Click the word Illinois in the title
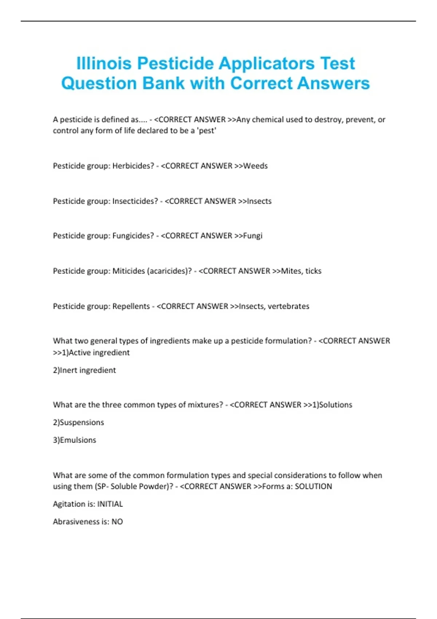pos(104,63)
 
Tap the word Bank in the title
pos(164,83)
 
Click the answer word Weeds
pos(255,166)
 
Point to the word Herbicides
pos(133,166)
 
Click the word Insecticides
pos(135,201)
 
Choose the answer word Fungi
pos(253,236)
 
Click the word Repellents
pos(131,307)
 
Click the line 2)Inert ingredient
pos(84,370)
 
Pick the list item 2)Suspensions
pos(78,423)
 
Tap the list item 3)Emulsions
pos(75,440)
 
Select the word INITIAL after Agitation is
pos(110,504)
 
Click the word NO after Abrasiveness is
pos(117,522)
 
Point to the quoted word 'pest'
pos(206,131)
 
